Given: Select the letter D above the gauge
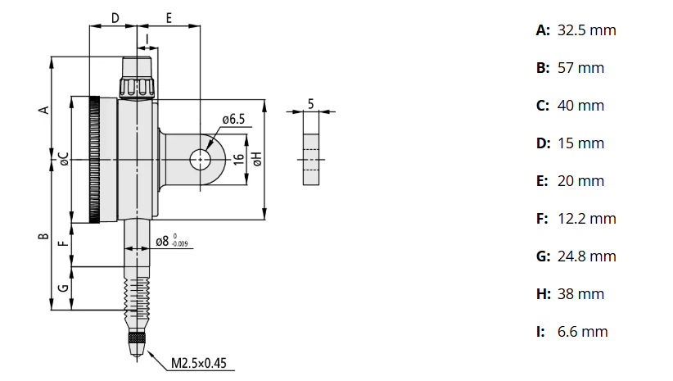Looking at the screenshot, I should point(115,17).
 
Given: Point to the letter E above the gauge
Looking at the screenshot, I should point(168,17).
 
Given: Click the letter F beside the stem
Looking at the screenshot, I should point(63,243).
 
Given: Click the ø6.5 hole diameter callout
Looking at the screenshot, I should point(233,120).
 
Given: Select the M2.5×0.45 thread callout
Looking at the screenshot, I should point(200,362).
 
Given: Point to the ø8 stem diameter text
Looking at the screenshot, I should point(162,242).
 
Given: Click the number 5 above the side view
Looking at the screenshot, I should point(311,102).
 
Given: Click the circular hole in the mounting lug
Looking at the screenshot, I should point(200,160).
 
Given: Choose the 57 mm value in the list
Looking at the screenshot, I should point(580,68).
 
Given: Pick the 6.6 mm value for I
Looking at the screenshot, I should point(582,332).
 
